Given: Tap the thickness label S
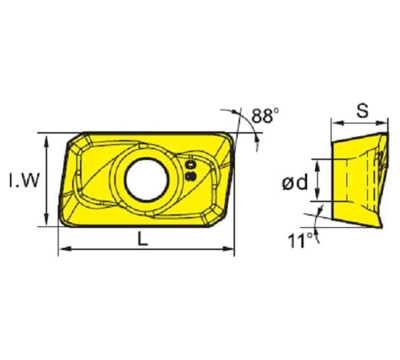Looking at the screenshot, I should [x=362, y=111].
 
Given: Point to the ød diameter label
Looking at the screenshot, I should [x=294, y=184].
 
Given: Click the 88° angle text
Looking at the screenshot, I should [x=265, y=114].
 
